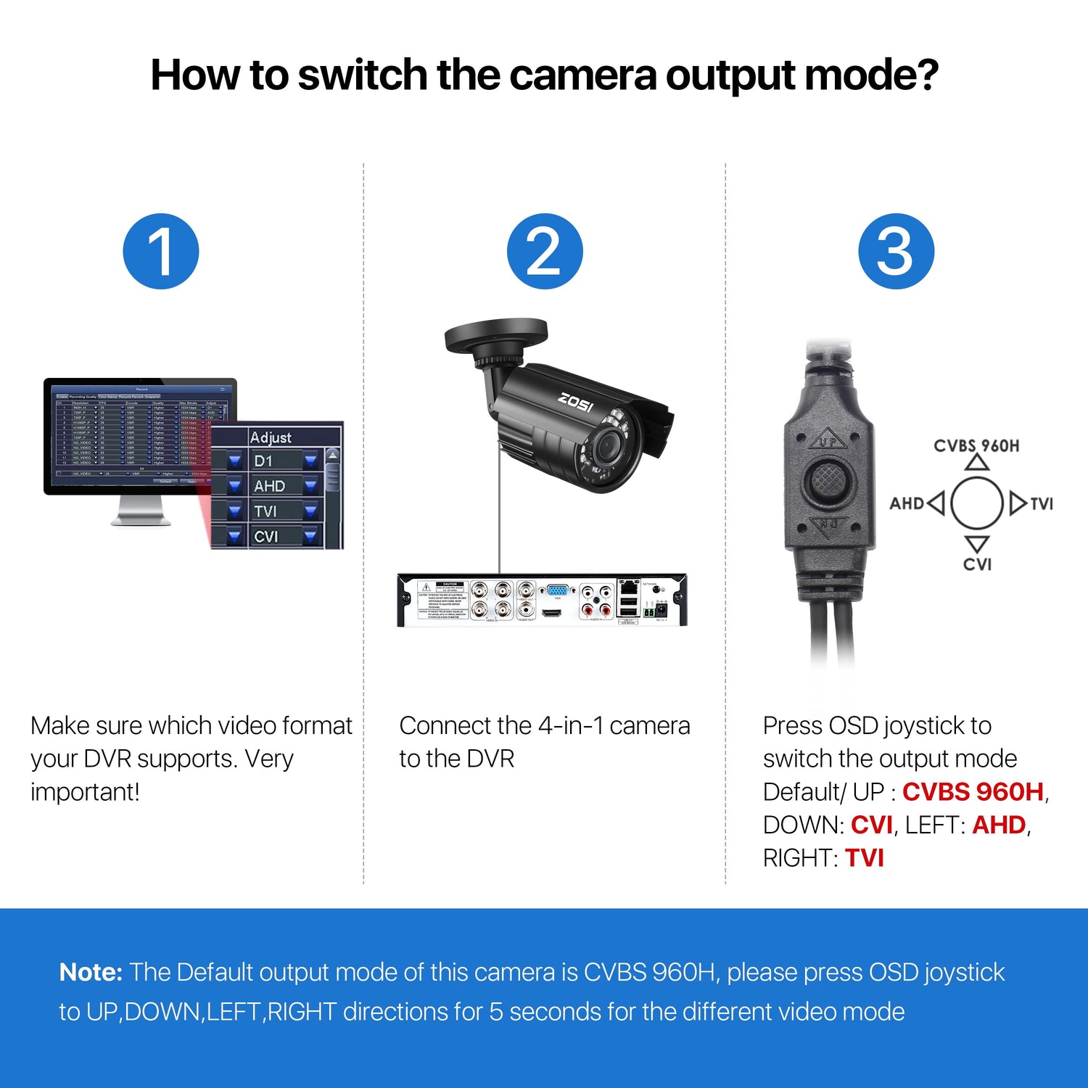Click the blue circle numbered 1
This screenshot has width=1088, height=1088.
(x=161, y=251)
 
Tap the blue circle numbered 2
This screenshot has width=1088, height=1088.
(x=544, y=251)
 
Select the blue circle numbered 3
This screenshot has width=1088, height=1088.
(x=896, y=251)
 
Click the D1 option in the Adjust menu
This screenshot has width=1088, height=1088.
(x=276, y=461)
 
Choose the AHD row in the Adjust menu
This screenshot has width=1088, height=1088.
(x=276, y=486)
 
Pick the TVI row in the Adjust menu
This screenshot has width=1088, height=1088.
(x=276, y=511)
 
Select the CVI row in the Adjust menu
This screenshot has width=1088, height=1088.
(x=276, y=536)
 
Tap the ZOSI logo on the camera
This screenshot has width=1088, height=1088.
(x=576, y=401)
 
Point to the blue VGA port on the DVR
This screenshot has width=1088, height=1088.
(x=557, y=590)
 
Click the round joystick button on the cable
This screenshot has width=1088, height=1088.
(x=828, y=479)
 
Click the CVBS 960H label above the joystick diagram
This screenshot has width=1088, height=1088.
(x=976, y=446)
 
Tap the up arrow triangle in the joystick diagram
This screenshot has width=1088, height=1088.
(x=977, y=463)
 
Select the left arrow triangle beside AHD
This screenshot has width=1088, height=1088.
(x=936, y=503)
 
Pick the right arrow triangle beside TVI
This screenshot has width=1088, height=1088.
(x=1017, y=503)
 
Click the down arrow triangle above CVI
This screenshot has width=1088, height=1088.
(x=977, y=543)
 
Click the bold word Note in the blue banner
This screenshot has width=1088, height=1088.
(x=91, y=972)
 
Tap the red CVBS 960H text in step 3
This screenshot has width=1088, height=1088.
(x=973, y=791)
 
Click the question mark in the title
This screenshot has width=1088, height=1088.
(x=925, y=75)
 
